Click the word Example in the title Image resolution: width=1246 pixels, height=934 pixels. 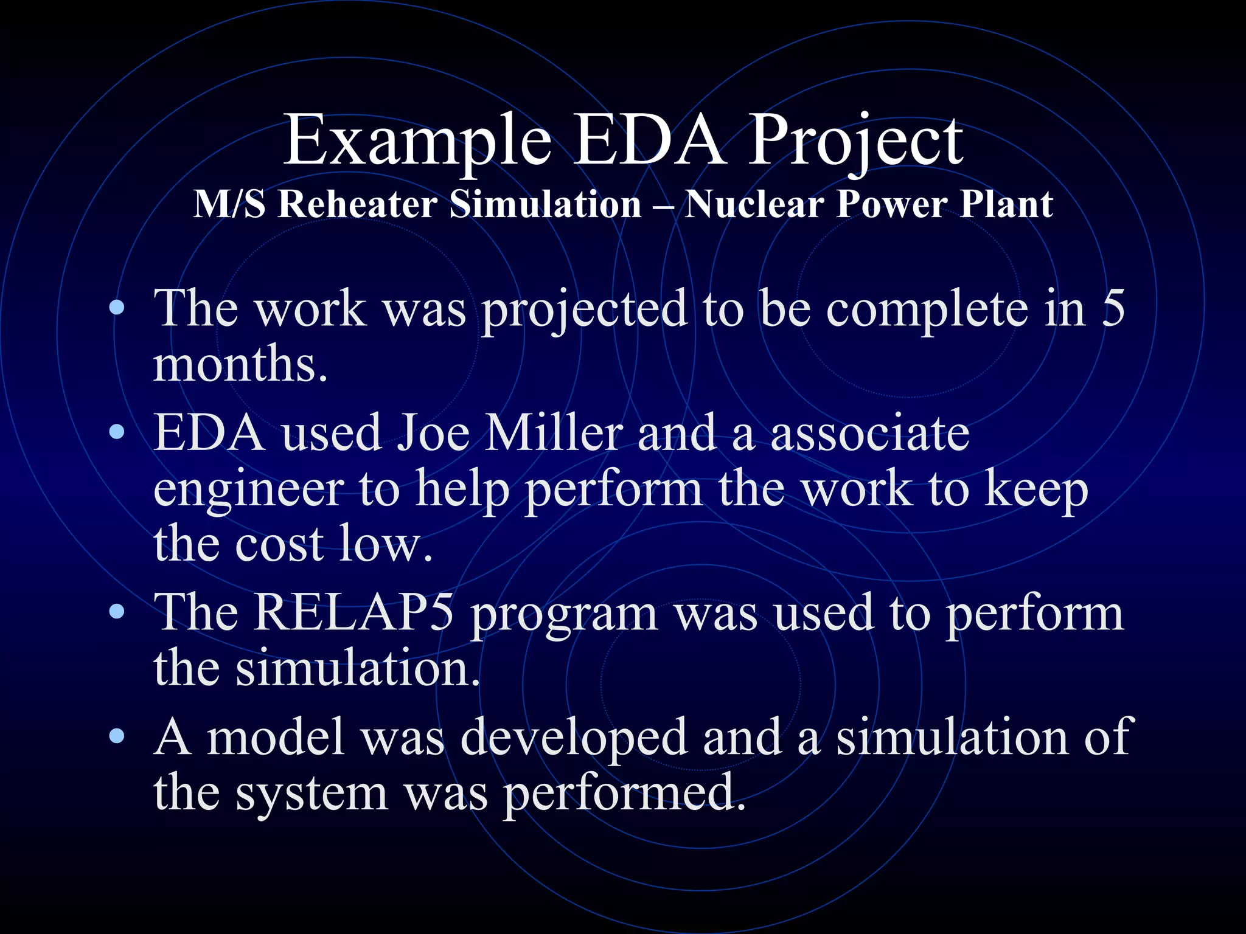[417, 141]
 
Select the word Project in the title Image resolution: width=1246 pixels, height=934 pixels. [855, 141]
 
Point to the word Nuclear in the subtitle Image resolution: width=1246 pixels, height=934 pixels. [754, 204]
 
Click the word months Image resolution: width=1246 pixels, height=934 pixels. [240, 364]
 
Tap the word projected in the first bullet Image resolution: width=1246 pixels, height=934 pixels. [584, 310]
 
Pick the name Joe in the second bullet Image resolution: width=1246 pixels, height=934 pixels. [433, 433]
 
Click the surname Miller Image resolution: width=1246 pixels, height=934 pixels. [554, 433]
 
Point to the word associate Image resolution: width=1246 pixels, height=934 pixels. [869, 433]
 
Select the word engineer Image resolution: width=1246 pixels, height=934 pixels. [248, 490]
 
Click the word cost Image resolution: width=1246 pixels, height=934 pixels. [279, 544]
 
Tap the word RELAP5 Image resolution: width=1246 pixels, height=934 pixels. [353, 612]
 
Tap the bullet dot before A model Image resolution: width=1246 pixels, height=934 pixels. [117, 736]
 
